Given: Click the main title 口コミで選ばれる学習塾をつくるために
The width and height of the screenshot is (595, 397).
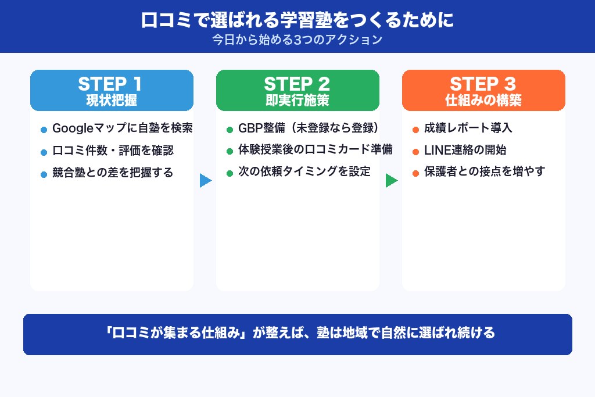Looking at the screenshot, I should click(x=297, y=20).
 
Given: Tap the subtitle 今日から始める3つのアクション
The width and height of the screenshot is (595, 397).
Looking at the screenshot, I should click(x=297, y=40).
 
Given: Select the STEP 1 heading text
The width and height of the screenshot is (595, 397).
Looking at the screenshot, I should click(x=112, y=84).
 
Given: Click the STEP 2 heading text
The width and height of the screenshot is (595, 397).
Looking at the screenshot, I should click(x=297, y=84).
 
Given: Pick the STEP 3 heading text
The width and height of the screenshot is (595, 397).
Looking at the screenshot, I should click(x=483, y=84).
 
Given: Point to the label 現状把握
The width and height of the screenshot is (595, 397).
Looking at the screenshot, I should click(x=112, y=100).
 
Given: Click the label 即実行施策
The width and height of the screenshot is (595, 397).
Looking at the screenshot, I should click(x=297, y=100).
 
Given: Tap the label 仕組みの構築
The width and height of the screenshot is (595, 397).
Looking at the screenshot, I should click(x=483, y=100).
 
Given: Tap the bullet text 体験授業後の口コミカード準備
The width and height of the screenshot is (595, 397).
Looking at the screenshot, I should click(x=315, y=150).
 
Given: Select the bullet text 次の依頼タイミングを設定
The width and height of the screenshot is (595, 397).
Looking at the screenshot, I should click(x=304, y=172).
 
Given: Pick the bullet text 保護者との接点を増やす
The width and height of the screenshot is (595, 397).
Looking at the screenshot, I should click(x=484, y=172).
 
